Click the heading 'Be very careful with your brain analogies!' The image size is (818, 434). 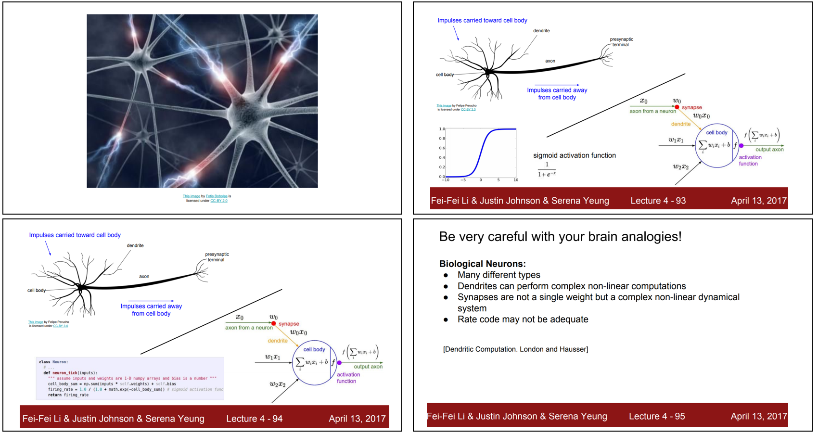pyautogui.click(x=560, y=237)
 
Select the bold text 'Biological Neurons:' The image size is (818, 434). pyautogui.click(x=482, y=264)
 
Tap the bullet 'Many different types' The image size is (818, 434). pyautogui.click(x=498, y=275)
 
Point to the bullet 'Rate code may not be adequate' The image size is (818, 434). pyautogui.click(x=523, y=319)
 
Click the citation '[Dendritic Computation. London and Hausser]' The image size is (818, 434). pyautogui.click(x=515, y=349)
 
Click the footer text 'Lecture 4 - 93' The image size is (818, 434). pyautogui.click(x=658, y=201)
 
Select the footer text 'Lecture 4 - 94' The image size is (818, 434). pyautogui.click(x=254, y=419)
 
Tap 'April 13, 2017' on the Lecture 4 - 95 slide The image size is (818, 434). pyautogui.click(x=758, y=416)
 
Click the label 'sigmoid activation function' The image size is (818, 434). pyautogui.click(x=574, y=155)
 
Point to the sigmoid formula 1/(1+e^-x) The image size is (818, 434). pyautogui.click(x=547, y=170)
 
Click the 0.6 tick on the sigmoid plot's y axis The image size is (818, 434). pyautogui.click(x=442, y=148)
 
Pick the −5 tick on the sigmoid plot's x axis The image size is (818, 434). pyautogui.click(x=463, y=180)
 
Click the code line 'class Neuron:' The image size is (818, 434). pyautogui.click(x=53, y=362)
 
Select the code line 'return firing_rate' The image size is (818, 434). pyautogui.click(x=68, y=395)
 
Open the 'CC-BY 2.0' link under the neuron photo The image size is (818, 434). pyautogui.click(x=219, y=201)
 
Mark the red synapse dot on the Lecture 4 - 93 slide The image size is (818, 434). pyautogui.click(x=677, y=107)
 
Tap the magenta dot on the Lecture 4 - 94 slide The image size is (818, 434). pyautogui.click(x=339, y=363)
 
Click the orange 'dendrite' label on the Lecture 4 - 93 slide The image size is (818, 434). pyautogui.click(x=680, y=124)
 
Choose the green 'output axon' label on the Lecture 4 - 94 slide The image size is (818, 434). pyautogui.click(x=368, y=367)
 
